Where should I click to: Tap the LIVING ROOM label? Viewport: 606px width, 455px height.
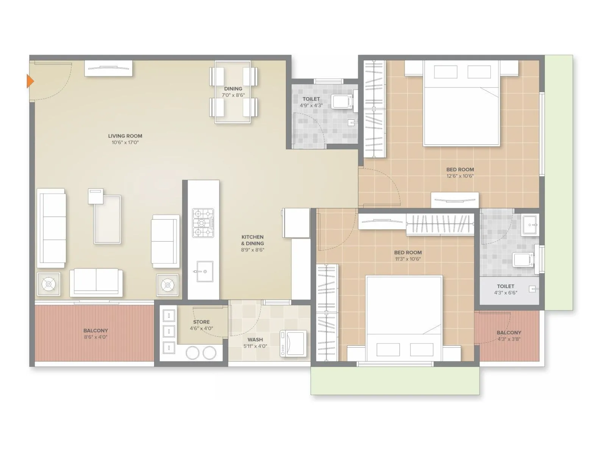(x=125, y=136)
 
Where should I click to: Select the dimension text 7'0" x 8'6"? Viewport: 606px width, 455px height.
(x=233, y=95)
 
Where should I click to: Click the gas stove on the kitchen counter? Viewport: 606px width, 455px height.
(x=203, y=223)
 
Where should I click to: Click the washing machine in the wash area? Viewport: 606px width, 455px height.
(x=293, y=343)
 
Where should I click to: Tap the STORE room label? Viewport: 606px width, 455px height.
(x=201, y=322)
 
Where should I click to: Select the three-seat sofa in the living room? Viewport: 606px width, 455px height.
(x=52, y=227)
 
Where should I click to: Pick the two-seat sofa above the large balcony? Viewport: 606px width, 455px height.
(x=96, y=282)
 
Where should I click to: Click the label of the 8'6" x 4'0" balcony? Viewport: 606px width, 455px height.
(x=95, y=330)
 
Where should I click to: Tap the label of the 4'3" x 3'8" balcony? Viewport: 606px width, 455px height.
(x=509, y=332)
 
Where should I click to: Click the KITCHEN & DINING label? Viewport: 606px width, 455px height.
(x=253, y=240)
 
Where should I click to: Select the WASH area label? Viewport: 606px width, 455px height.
(x=255, y=339)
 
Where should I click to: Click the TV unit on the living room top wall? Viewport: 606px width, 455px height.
(x=108, y=68)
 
